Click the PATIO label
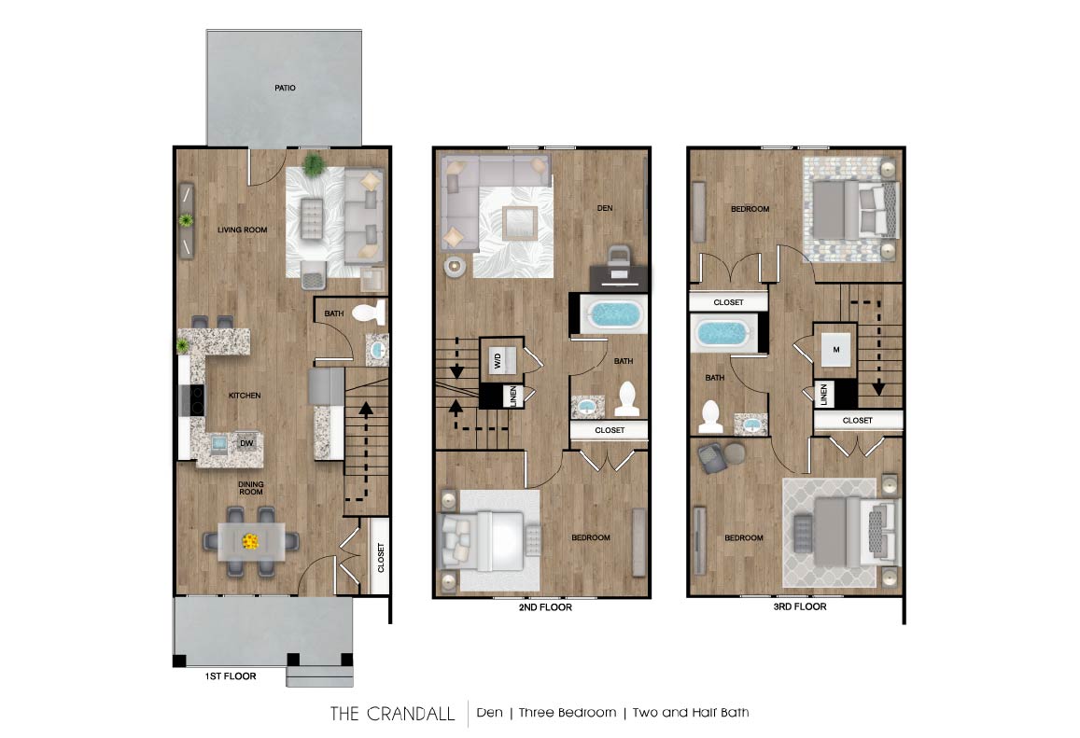(285, 89)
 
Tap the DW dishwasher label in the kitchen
(246, 443)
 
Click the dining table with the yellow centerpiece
(250, 540)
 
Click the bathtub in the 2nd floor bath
(613, 314)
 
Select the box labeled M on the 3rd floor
(835, 350)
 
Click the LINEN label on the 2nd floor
(512, 397)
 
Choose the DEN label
(604, 208)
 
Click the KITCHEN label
(245, 396)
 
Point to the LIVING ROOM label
(243, 230)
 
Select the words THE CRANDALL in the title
(392, 714)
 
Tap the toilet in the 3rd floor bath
(711, 411)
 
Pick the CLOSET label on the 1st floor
(381, 559)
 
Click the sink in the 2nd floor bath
(587, 406)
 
